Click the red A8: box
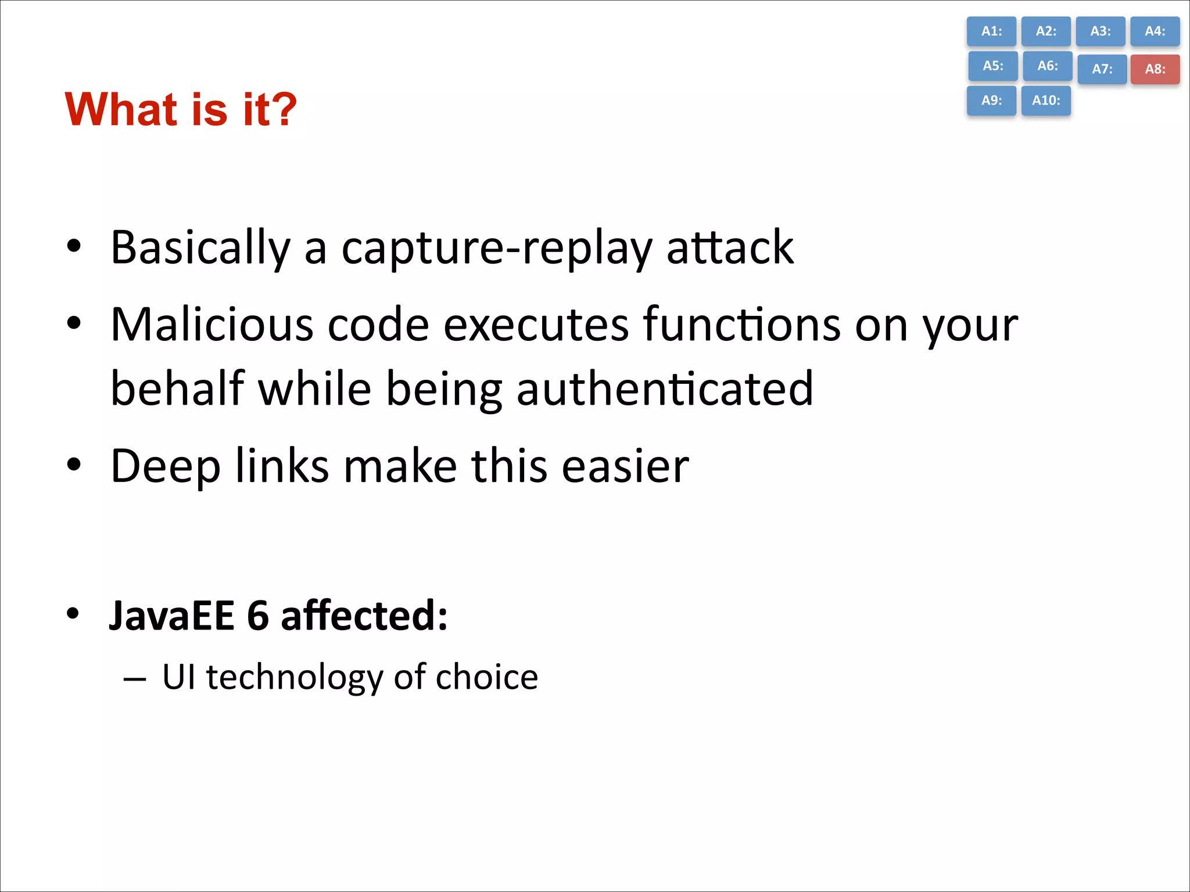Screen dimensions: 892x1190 click(1155, 69)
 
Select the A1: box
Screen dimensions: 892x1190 click(991, 31)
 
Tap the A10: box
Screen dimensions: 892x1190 click(1046, 100)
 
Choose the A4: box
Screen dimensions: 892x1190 click(1155, 31)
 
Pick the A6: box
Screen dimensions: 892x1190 click(1047, 66)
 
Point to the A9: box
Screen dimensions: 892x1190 click(991, 100)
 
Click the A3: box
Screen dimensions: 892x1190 click(1100, 31)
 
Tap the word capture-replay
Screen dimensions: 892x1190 click(497, 249)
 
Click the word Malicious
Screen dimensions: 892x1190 click(212, 324)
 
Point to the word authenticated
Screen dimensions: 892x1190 click(665, 389)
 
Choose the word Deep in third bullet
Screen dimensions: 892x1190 click(166, 466)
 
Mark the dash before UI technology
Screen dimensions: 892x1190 click(135, 678)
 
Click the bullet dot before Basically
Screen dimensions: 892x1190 click(74, 246)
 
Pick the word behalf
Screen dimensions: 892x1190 click(177, 389)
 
